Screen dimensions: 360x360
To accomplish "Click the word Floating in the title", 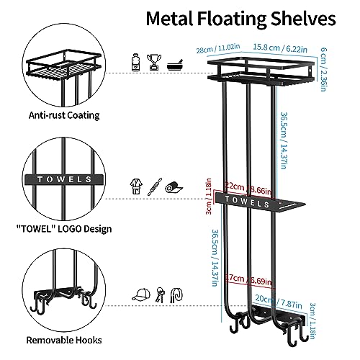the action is pos(232,19).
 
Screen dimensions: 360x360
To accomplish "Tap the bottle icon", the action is pos(135,62).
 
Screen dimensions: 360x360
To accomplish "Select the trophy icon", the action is pos(154,62).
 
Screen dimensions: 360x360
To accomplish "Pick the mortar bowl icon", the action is pos(175,65).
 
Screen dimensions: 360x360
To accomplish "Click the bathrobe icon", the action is pos(136,186).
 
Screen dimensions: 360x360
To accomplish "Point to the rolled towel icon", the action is pos(174,188).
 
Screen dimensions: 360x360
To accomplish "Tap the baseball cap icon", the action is pos(141,294).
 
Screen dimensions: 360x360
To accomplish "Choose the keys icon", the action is pos(160,294).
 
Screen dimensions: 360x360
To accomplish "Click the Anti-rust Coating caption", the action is pos(64,115).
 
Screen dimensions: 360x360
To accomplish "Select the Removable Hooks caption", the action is pos(64,340).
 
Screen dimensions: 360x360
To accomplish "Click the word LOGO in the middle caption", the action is pos(69,229).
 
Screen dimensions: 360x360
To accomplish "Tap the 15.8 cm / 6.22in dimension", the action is pos(280,48).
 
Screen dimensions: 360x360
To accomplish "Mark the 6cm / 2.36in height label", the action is pos(323,69).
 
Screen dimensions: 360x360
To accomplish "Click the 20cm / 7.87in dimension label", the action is pos(279,302).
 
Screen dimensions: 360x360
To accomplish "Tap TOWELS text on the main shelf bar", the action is pos(247,202).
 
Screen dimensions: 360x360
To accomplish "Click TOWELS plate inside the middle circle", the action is pos(64,179).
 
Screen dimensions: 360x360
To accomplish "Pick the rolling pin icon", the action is pos(155,186).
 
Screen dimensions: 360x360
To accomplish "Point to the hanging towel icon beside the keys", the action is pos(176,294).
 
